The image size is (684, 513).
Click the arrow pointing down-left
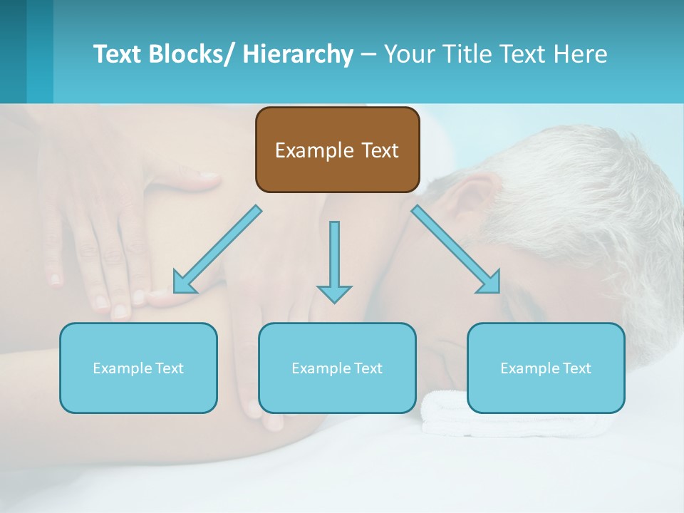click(217, 250)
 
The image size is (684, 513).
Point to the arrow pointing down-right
click(456, 249)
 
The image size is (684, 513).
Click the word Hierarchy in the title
click(298, 54)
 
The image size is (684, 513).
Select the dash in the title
click(368, 54)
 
